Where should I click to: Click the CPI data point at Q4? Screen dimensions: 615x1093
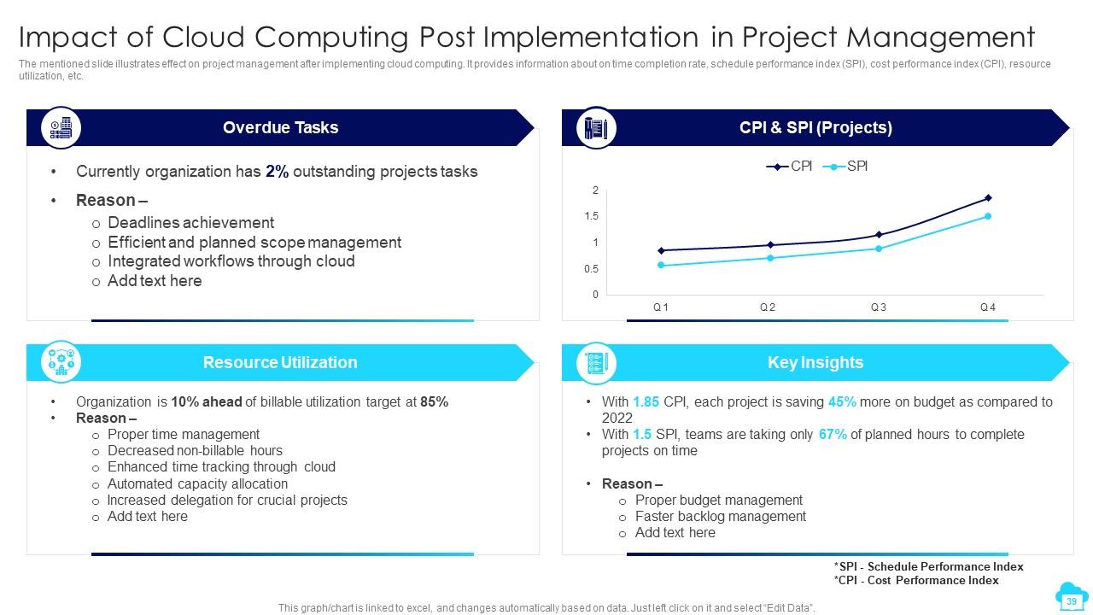click(988, 197)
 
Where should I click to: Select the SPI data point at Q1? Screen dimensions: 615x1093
click(661, 266)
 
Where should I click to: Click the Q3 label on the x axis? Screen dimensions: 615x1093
click(878, 307)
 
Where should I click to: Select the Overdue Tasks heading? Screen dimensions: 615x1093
click(280, 128)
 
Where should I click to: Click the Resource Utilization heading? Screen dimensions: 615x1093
click(280, 363)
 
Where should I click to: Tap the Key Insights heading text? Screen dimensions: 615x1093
click(815, 363)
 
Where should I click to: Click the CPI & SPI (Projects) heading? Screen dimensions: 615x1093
click(815, 128)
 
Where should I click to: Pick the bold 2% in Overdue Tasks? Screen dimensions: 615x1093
click(277, 172)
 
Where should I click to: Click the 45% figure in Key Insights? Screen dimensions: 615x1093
click(842, 401)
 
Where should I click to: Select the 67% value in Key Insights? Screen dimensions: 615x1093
click(833, 434)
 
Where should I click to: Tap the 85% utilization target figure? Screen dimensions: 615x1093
click(434, 401)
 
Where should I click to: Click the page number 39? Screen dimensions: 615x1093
click(1071, 601)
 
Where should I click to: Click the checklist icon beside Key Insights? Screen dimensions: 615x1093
click(595, 363)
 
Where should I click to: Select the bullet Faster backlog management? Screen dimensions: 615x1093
click(720, 516)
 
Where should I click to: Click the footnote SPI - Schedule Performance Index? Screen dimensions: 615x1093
click(928, 566)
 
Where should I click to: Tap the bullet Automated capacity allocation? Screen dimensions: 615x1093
click(197, 483)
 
